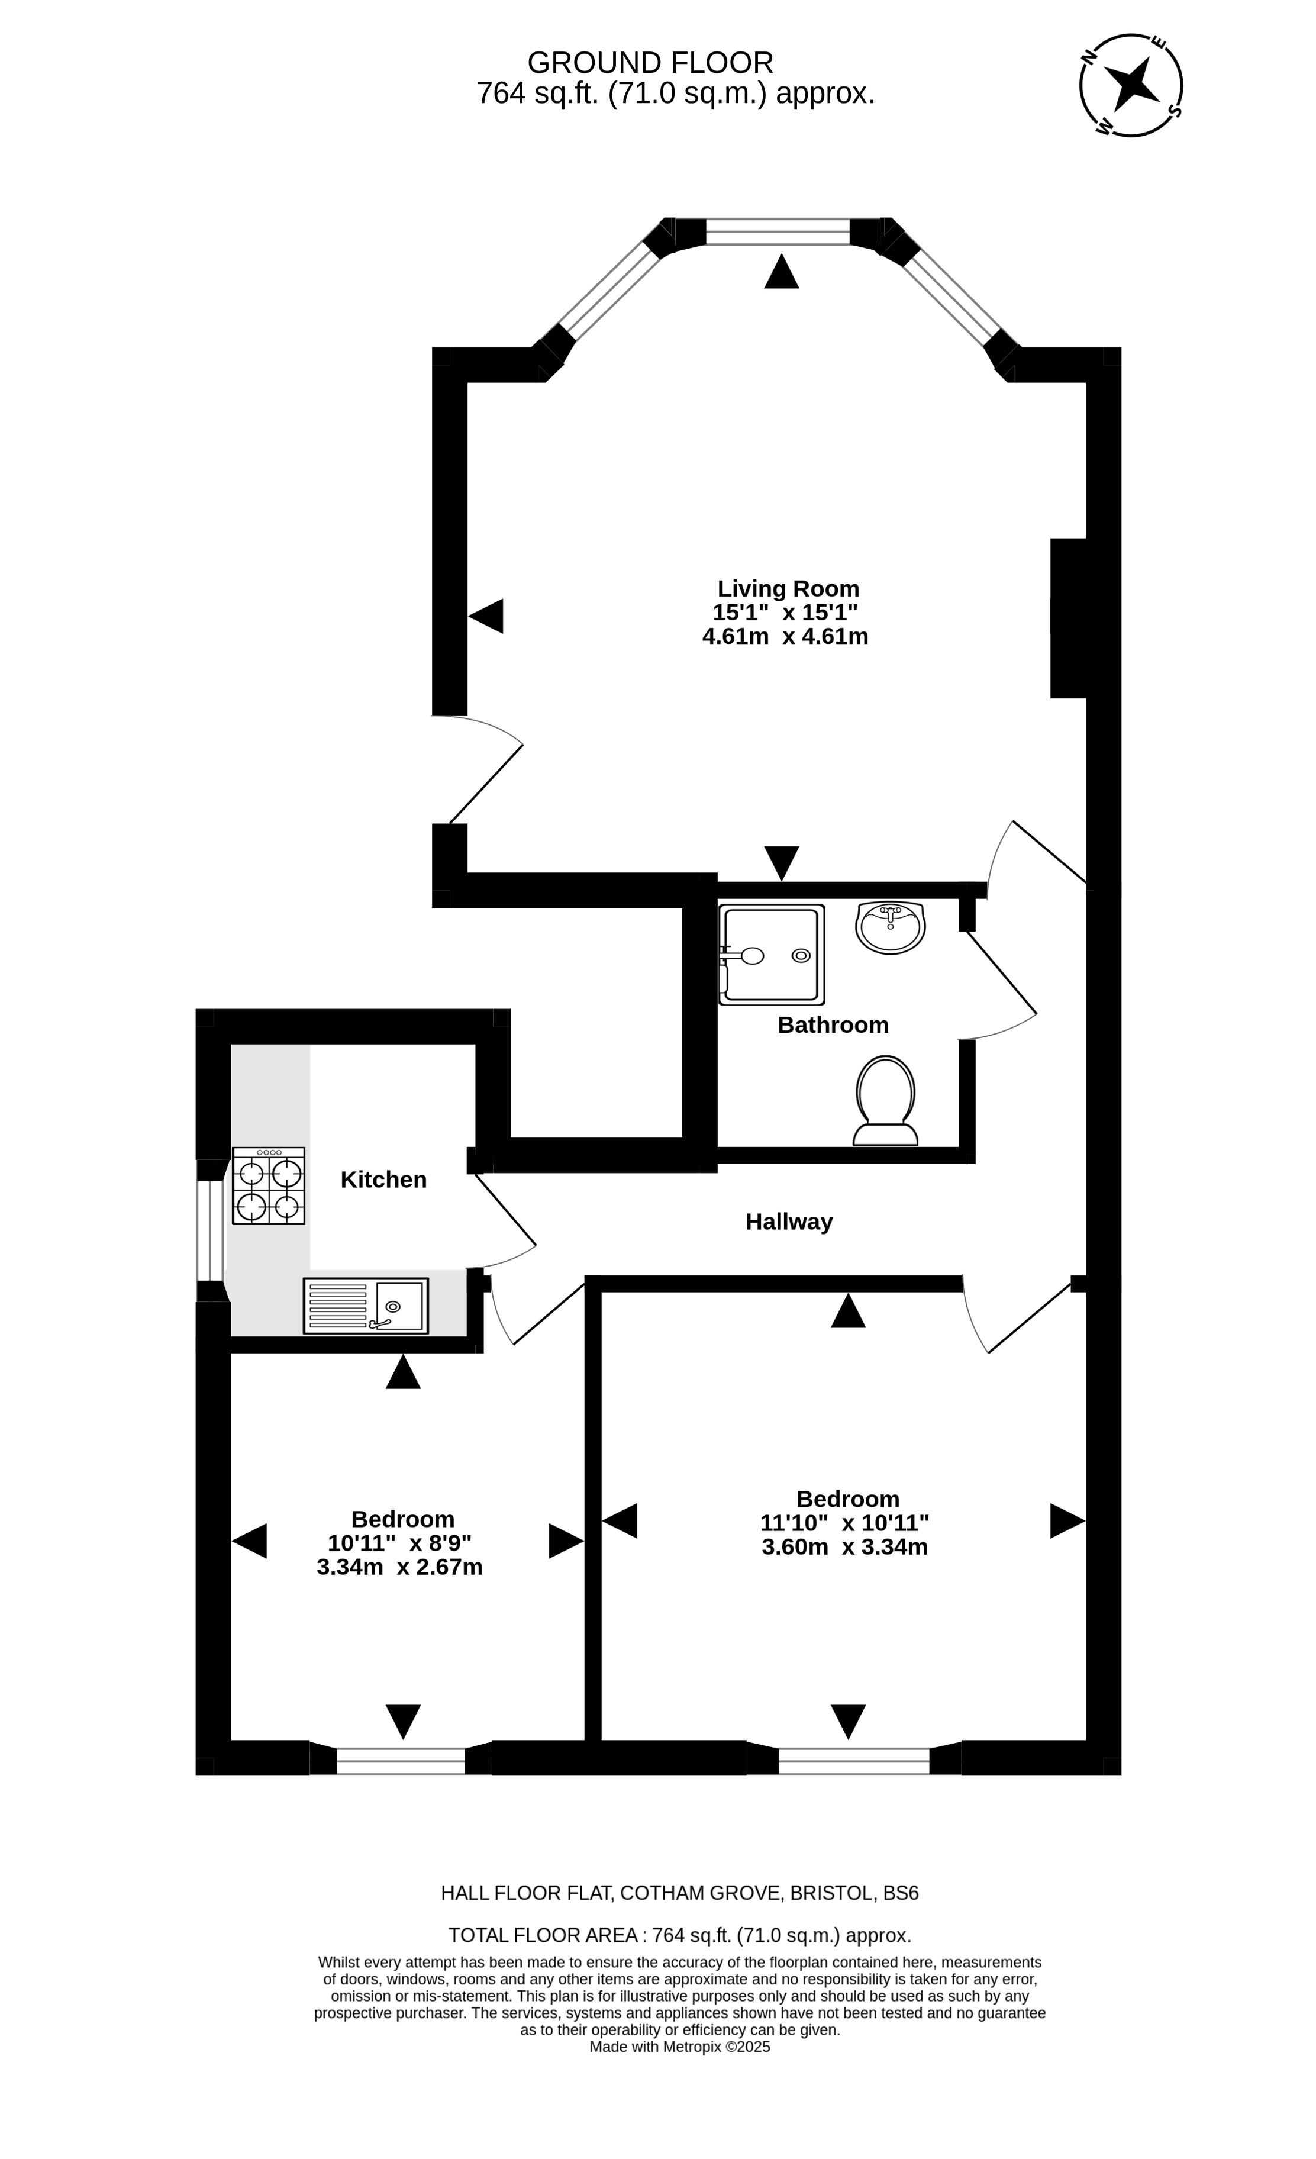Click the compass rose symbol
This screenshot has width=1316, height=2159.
click(x=1131, y=85)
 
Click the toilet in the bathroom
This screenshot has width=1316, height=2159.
click(x=886, y=1101)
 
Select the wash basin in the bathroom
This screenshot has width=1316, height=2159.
click(x=890, y=927)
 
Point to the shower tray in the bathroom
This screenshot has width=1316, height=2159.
click(x=772, y=954)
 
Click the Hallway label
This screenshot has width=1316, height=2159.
click(x=789, y=1222)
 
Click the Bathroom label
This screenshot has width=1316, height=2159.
click(x=833, y=1024)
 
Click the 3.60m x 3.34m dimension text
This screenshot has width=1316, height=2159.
click(x=844, y=1546)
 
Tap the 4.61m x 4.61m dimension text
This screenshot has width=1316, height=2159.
click(x=785, y=636)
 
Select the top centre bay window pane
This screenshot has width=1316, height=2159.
click(x=778, y=231)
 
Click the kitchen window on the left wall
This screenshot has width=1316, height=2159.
click(x=210, y=1231)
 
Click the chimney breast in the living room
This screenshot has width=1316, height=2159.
click(x=1068, y=618)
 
